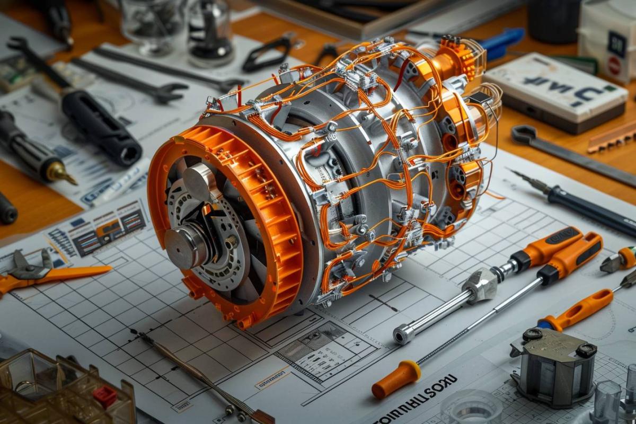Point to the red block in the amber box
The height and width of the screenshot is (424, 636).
click(x=104, y=395)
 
